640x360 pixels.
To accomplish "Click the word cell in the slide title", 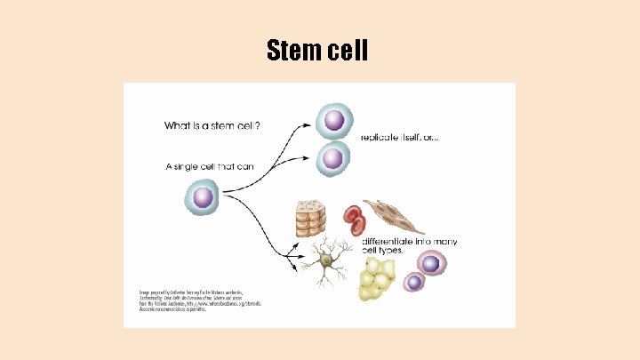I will click(343, 52).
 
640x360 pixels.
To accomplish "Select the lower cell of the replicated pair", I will click(332, 158).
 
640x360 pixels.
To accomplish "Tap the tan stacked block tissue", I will click(313, 219).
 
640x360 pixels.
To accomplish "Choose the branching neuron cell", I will click(325, 261).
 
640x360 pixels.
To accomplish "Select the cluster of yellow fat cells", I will click(377, 279).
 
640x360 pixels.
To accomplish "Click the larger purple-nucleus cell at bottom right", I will click(430, 263).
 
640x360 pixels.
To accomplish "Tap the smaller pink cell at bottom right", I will click(413, 282).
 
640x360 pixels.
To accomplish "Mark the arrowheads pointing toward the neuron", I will click(292, 259).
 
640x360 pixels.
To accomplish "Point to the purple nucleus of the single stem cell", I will click(203, 196).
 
